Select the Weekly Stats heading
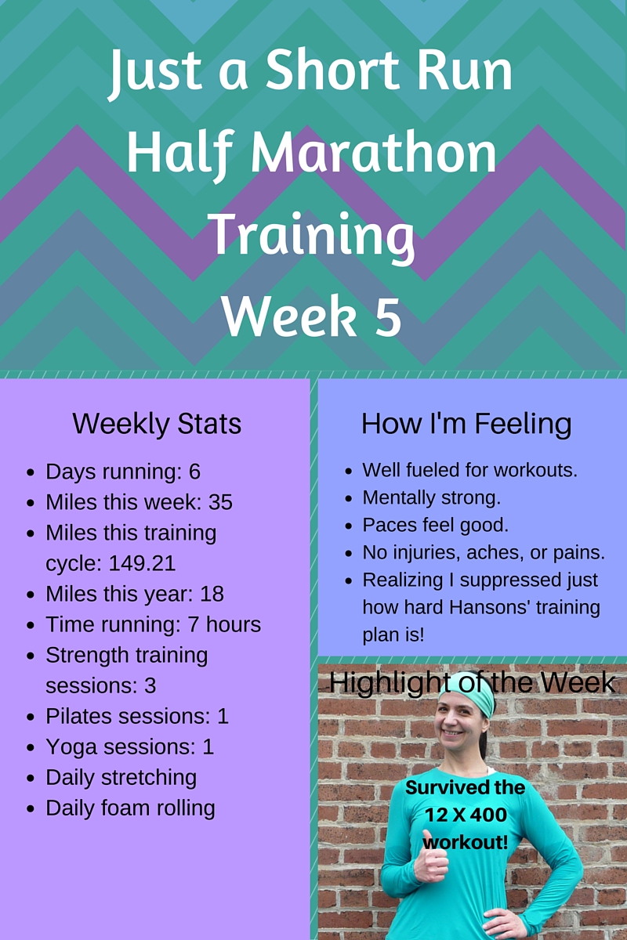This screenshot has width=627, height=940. point(157,424)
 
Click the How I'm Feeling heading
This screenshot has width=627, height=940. point(466,424)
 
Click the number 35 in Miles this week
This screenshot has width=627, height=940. point(220,502)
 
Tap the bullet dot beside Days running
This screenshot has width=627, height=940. point(31,473)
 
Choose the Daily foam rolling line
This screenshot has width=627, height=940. point(130,808)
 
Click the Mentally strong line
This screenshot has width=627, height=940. point(431,497)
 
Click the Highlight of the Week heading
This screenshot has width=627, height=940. point(472,681)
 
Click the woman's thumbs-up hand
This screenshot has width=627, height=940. point(429,861)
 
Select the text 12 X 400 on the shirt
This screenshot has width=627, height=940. point(466,815)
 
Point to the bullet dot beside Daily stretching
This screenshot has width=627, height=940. point(31,779)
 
